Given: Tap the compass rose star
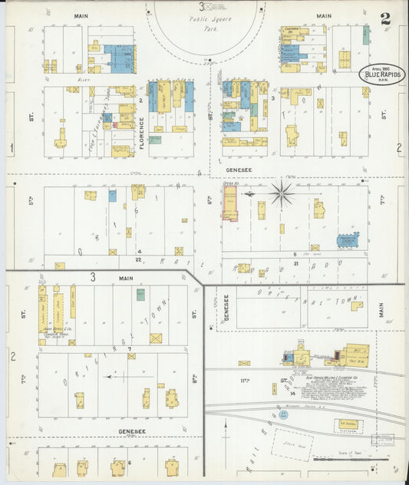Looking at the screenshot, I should [282, 193].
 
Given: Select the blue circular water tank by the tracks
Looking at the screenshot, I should [284, 414].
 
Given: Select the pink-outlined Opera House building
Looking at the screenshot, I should [229, 205].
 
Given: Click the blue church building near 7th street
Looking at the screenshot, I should [348, 241].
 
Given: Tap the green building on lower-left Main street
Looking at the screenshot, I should [140, 294].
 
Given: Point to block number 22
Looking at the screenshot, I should [139, 259].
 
